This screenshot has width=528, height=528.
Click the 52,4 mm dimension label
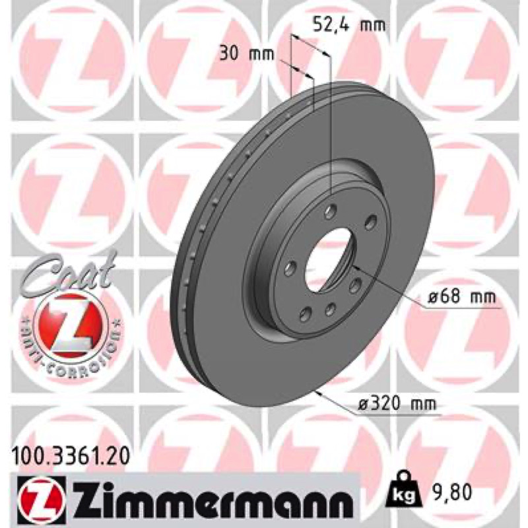point(349,24)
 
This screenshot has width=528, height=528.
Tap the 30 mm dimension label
point(247,54)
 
